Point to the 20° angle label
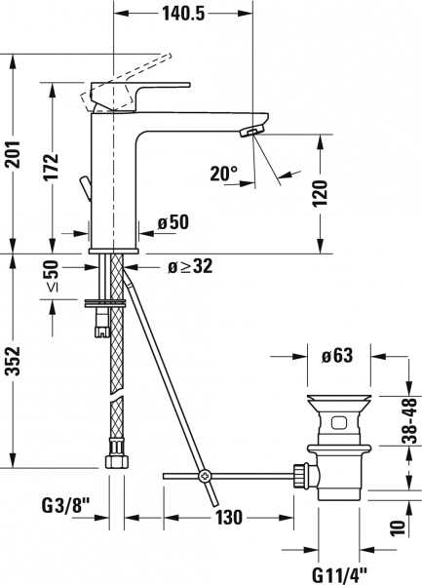(x=224, y=174)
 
